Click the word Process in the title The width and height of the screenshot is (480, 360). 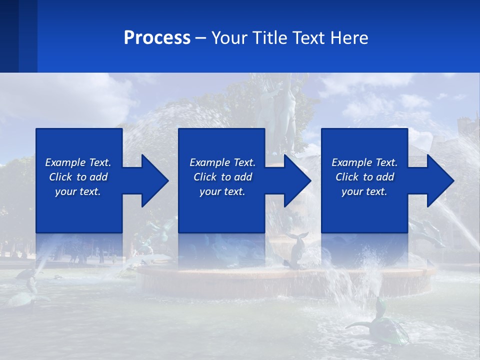[x=157, y=38]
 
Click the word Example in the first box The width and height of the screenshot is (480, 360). [x=65, y=162]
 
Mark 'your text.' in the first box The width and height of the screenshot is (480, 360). [x=78, y=191]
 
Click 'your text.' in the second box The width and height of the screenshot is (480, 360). [x=222, y=191]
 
